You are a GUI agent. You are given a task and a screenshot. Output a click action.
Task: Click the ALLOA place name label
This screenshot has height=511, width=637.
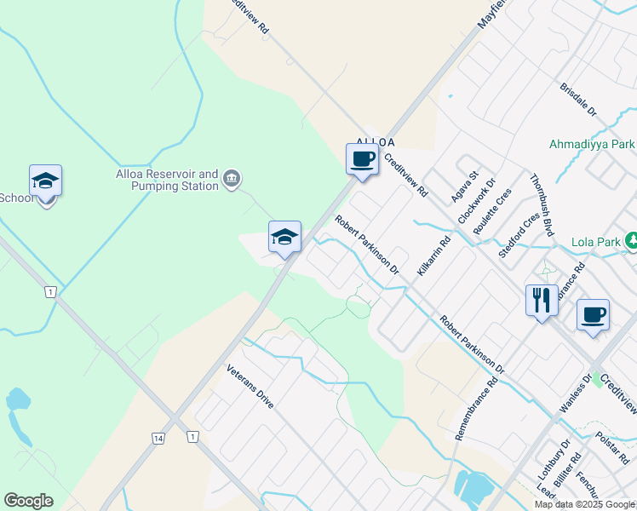(375, 141)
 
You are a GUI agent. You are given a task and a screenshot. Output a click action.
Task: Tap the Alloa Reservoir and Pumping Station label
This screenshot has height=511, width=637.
(168, 180)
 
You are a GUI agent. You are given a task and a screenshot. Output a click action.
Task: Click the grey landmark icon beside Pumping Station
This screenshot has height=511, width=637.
(232, 179)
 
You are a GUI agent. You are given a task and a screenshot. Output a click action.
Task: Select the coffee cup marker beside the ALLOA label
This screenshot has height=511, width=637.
(362, 159)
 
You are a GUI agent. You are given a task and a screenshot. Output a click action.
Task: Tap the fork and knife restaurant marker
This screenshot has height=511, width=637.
(542, 301)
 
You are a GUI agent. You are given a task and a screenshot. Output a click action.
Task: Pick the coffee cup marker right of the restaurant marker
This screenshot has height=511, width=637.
(593, 315)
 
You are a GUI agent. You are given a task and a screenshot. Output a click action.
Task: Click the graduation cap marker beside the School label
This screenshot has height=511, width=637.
(45, 181)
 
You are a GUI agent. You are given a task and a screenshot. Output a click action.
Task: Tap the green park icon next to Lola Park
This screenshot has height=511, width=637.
(631, 241)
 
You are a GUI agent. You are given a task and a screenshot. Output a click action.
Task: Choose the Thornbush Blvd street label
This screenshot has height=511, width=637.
(542, 205)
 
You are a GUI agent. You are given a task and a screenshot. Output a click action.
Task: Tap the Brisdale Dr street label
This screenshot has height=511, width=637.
(579, 100)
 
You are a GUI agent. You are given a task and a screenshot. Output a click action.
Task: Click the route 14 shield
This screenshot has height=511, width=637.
(158, 438)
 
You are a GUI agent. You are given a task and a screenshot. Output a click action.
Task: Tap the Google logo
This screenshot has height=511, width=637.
(28, 501)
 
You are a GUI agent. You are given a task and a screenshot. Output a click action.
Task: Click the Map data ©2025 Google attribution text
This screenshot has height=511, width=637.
(584, 504)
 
